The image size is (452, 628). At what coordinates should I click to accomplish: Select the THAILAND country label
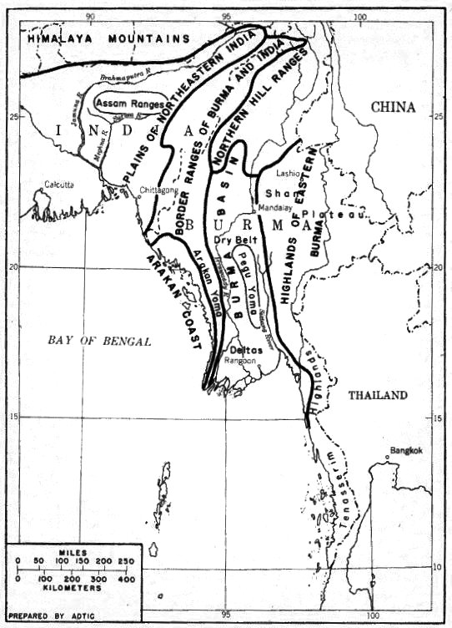coord(378,395)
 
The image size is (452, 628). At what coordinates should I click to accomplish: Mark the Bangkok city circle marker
coord(388,457)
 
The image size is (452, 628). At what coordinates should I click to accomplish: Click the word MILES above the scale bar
coord(71,553)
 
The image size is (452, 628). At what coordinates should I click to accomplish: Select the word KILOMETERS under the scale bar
coord(72,588)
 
